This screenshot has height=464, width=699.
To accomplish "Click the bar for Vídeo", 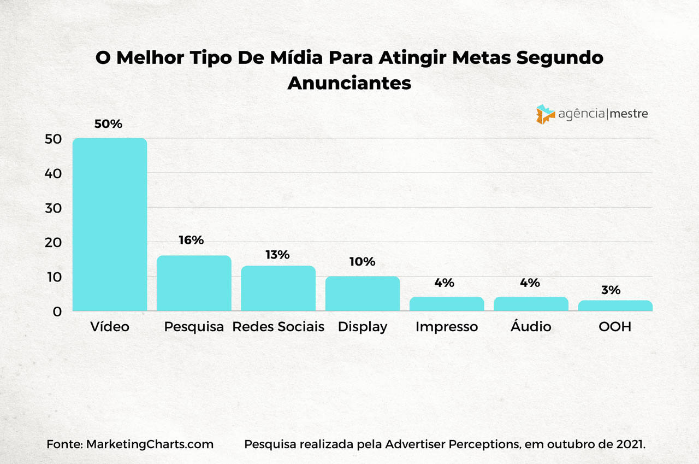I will tap(110, 225).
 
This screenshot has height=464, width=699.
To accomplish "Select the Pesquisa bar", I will tap(194, 283).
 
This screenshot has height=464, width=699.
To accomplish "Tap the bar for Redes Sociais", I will tap(278, 289).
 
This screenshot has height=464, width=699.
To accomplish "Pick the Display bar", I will tap(363, 293).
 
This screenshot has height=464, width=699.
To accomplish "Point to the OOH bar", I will tap(615, 306).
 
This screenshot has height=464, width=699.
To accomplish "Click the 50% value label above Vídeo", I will tap(108, 124).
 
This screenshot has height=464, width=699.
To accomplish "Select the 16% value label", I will tap(191, 240).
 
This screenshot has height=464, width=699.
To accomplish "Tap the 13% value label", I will tap(277, 255).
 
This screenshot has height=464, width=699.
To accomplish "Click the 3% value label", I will tap(611, 290).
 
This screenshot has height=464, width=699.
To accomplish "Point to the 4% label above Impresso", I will tap(445, 283).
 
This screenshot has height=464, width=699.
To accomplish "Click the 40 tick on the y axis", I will tap(53, 174).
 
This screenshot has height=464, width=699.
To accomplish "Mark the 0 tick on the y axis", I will tap(57, 312).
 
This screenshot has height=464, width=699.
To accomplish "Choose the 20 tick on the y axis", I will tap(53, 243).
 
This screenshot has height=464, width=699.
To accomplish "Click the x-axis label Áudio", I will tap(531, 327).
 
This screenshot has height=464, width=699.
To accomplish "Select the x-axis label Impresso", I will tap(446, 327).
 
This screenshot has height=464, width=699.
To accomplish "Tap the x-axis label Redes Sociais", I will tap(278, 327).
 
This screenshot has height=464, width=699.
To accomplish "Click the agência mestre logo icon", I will tap(546, 114).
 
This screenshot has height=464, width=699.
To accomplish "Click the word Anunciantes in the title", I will tap(349, 83).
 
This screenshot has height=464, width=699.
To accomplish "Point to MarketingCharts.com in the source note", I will tap(150, 444).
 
